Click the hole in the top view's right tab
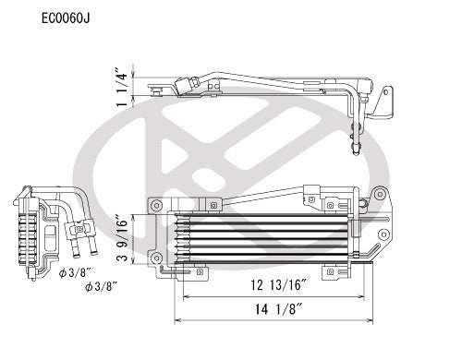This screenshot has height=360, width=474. point(386,99)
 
